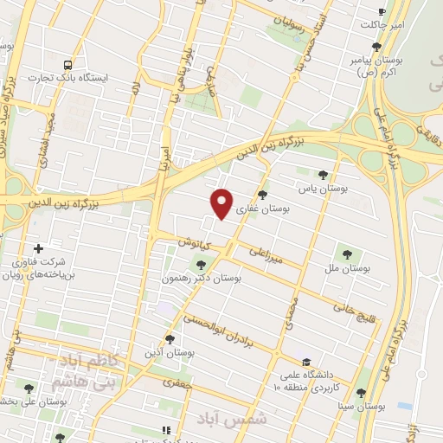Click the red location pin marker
[x=222, y=202]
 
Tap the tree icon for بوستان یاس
[x=323, y=174]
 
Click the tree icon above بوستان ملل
[x=347, y=254]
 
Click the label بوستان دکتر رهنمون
[x=200, y=279]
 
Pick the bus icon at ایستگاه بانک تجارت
[x=67, y=64]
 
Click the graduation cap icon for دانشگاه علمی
[x=306, y=362]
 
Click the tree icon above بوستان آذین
[x=170, y=339]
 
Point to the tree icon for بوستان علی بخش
[x=29, y=388]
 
